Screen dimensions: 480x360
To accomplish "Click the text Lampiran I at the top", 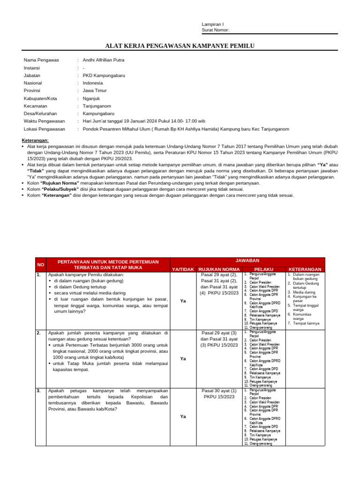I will click(212, 24).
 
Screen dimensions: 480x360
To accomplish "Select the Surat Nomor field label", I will click(215, 30).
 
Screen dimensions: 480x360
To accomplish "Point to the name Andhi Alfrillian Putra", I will click(104, 60).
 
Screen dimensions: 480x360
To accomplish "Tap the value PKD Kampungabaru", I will click(104, 75).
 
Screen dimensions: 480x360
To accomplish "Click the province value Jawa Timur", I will click(95, 90).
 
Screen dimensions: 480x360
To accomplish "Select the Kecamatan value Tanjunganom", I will click(97, 106).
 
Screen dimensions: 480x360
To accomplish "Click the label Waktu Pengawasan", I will click(44, 121).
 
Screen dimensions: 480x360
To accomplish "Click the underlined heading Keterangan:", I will click(35, 141).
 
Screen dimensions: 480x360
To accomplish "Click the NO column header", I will click(41, 265).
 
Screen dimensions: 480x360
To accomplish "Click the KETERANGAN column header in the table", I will click(305, 269).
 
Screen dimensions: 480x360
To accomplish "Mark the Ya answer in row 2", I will click(183, 359).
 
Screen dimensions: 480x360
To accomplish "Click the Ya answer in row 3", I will click(183, 416).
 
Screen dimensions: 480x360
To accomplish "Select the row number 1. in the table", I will click(38, 275).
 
